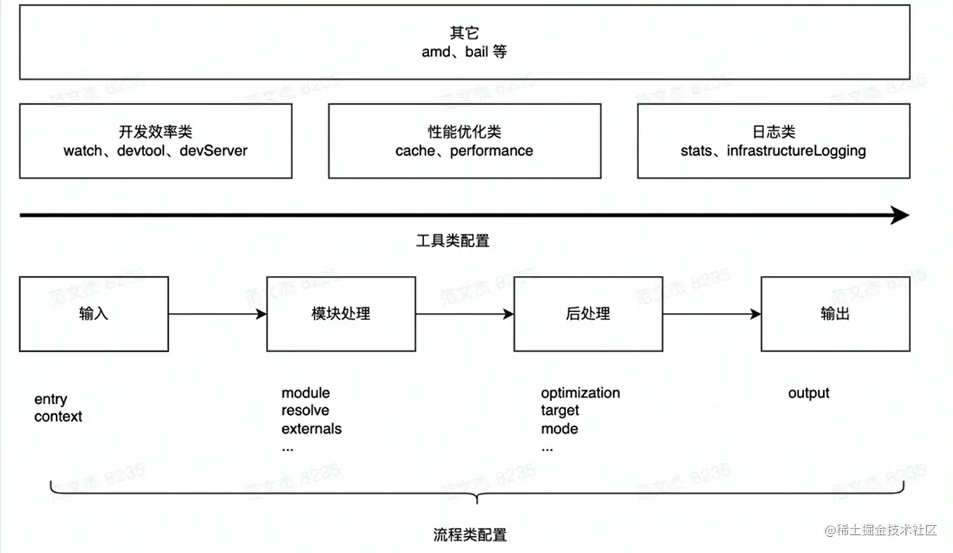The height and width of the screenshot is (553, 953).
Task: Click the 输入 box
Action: [93, 314]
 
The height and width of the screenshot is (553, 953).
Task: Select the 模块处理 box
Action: [341, 314]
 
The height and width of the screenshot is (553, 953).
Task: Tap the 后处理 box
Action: [588, 314]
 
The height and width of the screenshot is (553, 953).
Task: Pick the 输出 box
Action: [835, 314]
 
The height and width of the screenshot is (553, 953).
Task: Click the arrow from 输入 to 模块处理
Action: [217, 314]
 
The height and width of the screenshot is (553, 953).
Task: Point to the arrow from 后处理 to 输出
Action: [711, 314]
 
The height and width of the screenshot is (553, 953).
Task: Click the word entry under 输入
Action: [51, 399]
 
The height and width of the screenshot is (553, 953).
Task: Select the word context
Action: [58, 417]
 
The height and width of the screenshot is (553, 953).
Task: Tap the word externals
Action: [312, 429]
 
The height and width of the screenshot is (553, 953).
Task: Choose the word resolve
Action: [305, 411]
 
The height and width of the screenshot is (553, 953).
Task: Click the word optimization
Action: [580, 393]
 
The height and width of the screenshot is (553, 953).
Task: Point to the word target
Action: [560, 411]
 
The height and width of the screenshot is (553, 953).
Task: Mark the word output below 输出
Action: [808, 393]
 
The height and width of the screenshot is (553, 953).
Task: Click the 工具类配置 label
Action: [453, 241]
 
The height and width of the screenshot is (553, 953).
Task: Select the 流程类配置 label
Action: [470, 535]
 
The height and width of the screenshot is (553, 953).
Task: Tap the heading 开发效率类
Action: [156, 132]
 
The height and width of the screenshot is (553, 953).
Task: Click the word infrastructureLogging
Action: [796, 151]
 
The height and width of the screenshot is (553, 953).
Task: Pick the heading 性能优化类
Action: [464, 132]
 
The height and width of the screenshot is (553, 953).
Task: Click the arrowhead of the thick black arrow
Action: [900, 215]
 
